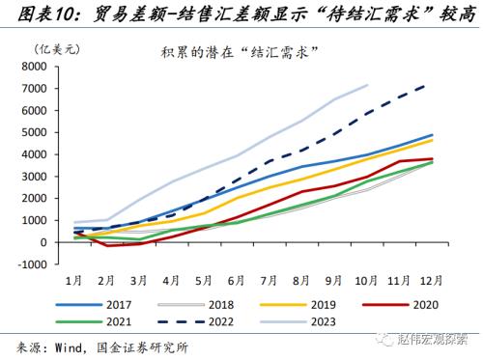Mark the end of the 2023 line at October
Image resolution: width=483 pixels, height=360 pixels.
368,85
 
